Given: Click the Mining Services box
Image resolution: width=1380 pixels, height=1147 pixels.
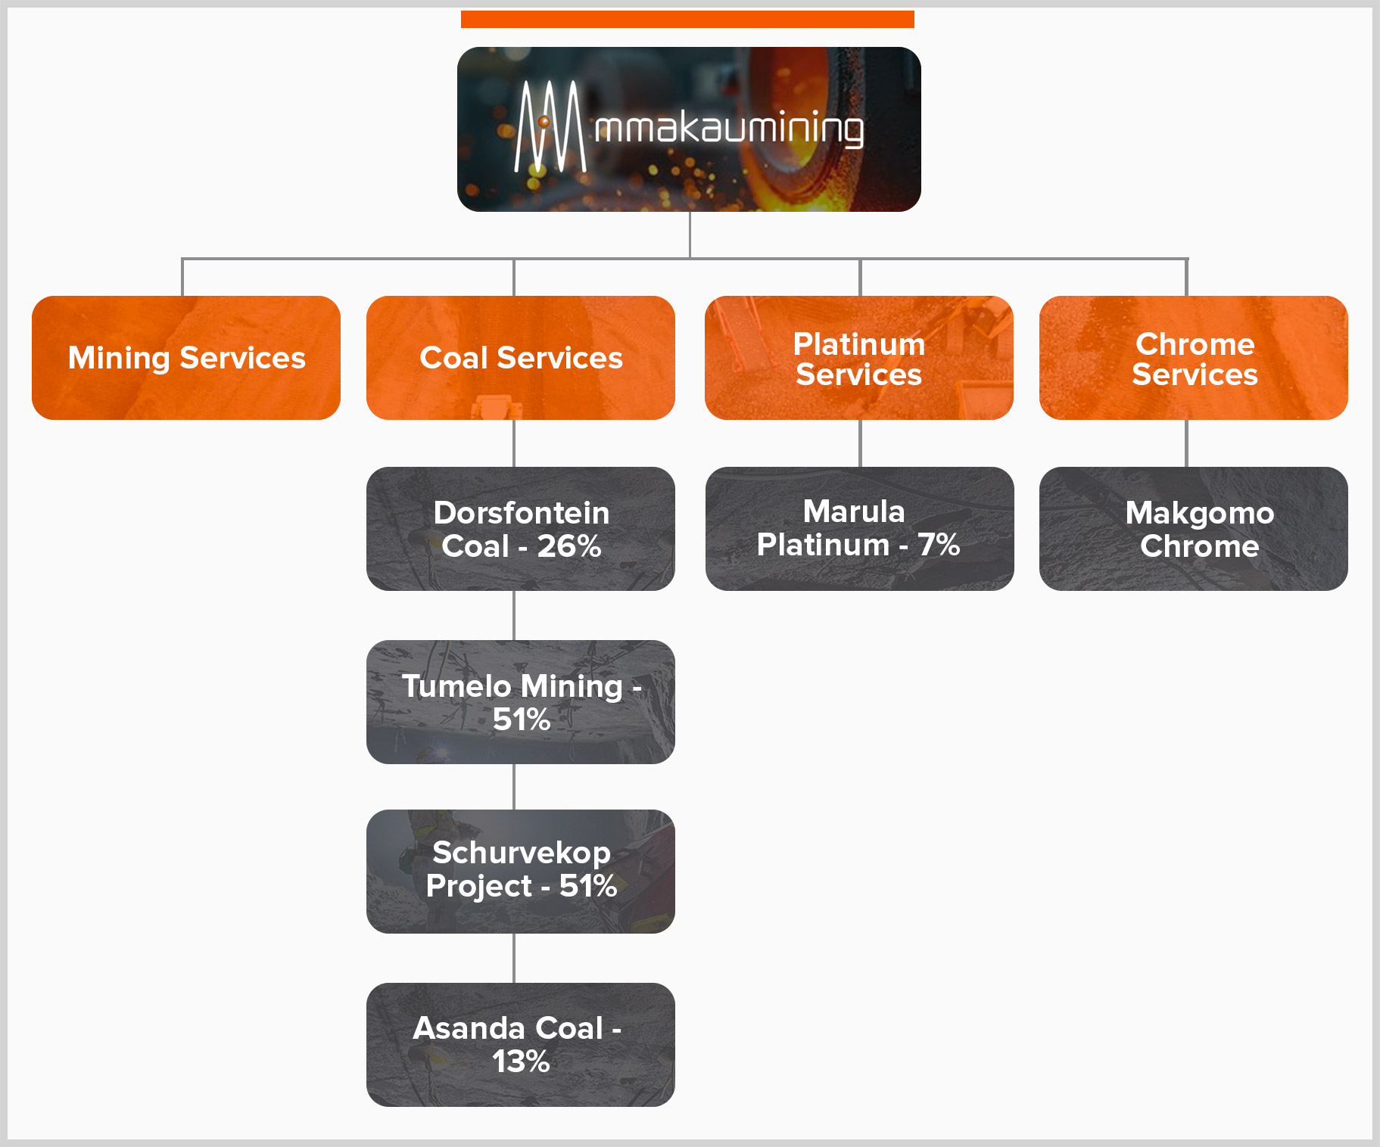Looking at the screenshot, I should [x=186, y=358].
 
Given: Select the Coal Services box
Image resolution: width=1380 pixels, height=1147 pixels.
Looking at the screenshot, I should [x=521, y=358].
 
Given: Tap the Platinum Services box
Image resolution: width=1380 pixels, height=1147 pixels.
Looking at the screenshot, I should [x=859, y=358].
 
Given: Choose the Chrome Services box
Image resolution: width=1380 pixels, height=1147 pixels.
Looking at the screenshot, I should [x=1194, y=358].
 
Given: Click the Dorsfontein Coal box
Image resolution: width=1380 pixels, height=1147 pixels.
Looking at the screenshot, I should [x=521, y=529].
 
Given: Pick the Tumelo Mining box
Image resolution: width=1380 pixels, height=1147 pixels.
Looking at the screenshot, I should [x=521, y=702].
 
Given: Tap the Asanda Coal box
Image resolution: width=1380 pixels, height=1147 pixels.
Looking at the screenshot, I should [x=521, y=1045].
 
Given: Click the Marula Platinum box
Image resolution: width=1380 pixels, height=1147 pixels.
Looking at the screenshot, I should [x=859, y=529].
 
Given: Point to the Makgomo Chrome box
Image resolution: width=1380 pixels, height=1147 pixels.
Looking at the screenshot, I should [x=1194, y=529].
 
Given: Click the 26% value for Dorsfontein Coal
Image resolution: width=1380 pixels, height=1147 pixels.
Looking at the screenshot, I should [x=569, y=546].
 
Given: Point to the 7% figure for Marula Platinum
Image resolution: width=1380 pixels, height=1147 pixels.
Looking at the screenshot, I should [x=939, y=545].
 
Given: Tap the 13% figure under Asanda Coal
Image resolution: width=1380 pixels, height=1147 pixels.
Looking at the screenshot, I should [x=521, y=1062].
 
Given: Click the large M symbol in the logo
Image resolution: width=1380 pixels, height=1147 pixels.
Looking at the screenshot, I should [x=550, y=128].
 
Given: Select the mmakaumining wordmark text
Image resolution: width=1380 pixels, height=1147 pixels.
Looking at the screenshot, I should [x=729, y=129].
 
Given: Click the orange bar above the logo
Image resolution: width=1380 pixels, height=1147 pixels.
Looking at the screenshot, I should [x=687, y=19].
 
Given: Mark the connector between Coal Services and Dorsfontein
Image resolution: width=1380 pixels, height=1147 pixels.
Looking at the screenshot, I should [x=514, y=443].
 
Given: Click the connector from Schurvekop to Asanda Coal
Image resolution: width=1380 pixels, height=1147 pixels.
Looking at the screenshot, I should [x=514, y=958].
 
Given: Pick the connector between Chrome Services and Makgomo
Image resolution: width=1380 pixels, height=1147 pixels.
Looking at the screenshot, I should [x=1186, y=443].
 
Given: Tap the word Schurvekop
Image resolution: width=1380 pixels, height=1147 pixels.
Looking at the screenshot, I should [x=522, y=853].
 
